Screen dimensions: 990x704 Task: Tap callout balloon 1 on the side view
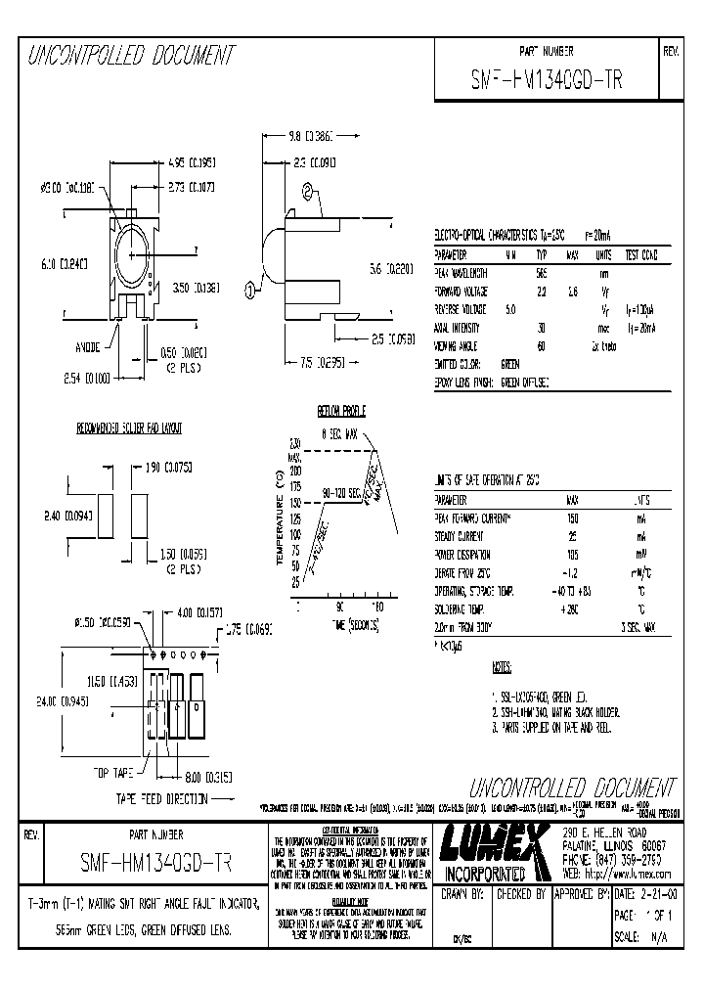(249, 290)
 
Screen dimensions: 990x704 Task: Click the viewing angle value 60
(541, 346)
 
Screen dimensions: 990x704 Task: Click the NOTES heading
(501, 669)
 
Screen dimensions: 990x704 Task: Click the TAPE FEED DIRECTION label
(162, 798)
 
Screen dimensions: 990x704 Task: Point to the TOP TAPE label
(113, 772)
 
